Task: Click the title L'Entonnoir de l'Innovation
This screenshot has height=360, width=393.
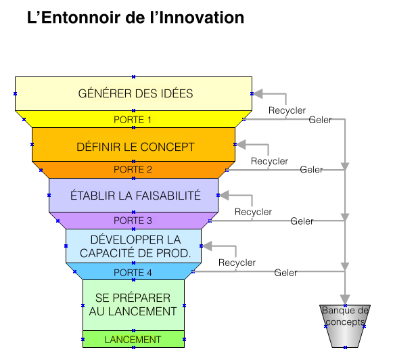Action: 135,18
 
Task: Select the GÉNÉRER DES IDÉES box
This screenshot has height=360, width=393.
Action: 133,93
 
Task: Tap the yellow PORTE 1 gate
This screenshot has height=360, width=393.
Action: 133,119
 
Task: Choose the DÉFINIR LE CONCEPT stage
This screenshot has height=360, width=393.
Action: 133,145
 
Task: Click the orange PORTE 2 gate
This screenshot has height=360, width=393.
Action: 133,170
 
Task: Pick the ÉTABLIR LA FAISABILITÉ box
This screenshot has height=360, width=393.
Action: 133,196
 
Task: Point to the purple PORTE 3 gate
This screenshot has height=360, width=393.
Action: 133,221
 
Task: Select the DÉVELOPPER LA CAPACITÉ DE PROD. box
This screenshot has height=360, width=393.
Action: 133,246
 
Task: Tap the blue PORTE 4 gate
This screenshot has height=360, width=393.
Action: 133,271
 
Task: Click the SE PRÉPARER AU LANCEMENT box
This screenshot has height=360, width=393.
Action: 133,305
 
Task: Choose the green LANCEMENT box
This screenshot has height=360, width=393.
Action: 133,339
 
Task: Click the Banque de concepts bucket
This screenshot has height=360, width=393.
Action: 345,326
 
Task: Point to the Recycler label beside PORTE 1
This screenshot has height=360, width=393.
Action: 287,110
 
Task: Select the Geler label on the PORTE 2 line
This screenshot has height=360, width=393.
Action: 312,170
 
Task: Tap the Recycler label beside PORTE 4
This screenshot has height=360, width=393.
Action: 237,263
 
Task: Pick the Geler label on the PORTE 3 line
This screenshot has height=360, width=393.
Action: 302,221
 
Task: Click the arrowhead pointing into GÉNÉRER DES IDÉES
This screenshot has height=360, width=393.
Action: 258,94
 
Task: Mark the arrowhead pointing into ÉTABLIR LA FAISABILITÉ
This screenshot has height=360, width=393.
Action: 224,196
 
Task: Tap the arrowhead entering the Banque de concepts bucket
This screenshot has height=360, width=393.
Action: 345,300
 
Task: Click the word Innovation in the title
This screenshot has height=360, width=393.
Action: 202,18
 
